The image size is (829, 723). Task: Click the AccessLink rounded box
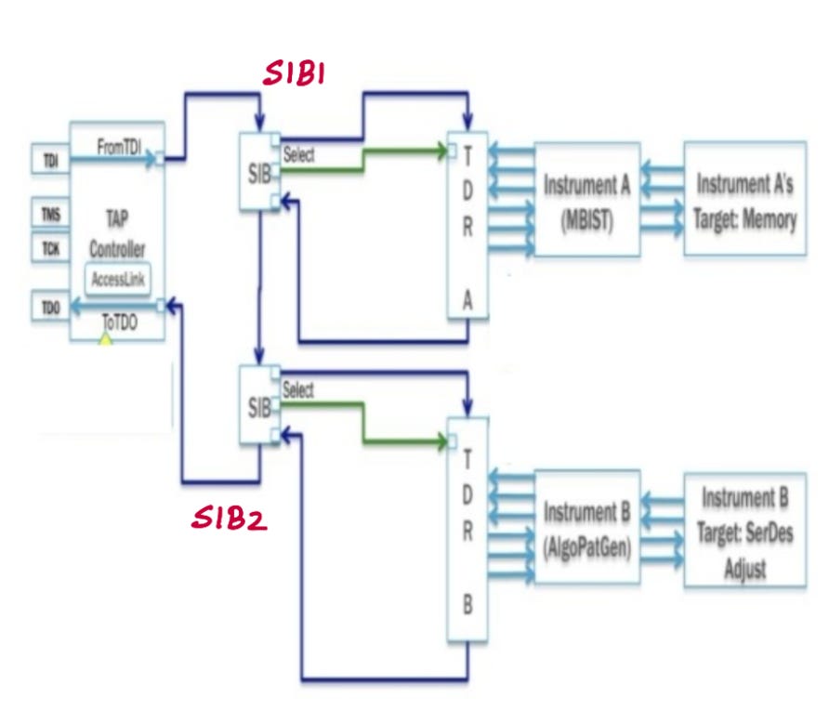click(117, 279)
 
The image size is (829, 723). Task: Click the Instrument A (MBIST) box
click(586, 199)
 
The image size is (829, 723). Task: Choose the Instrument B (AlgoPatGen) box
click(586, 527)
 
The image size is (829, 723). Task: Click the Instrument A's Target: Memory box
click(744, 198)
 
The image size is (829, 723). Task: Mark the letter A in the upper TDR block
click(467, 299)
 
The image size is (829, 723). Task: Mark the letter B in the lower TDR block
click(467, 604)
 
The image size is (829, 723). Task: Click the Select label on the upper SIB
click(298, 155)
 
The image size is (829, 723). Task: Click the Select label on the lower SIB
click(298, 390)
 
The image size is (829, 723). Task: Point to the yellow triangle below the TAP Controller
click(106, 339)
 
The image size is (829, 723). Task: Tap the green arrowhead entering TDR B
click(441, 442)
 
